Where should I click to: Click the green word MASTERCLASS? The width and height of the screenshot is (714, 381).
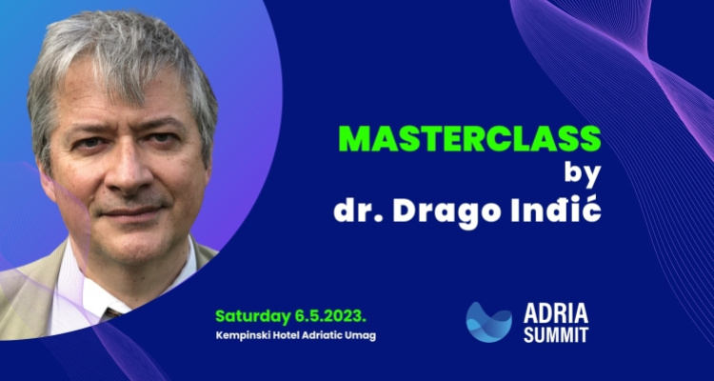pos(470,138)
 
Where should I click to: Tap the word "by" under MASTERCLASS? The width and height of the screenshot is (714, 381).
pos(583,174)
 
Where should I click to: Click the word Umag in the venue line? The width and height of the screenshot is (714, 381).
pos(363,337)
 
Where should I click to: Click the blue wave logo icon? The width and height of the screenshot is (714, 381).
pos(488,322)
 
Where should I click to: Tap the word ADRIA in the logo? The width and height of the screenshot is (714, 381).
pos(556,314)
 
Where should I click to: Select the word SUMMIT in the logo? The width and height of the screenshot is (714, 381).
pos(556,335)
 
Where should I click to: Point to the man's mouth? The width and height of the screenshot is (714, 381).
pos(129,211)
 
